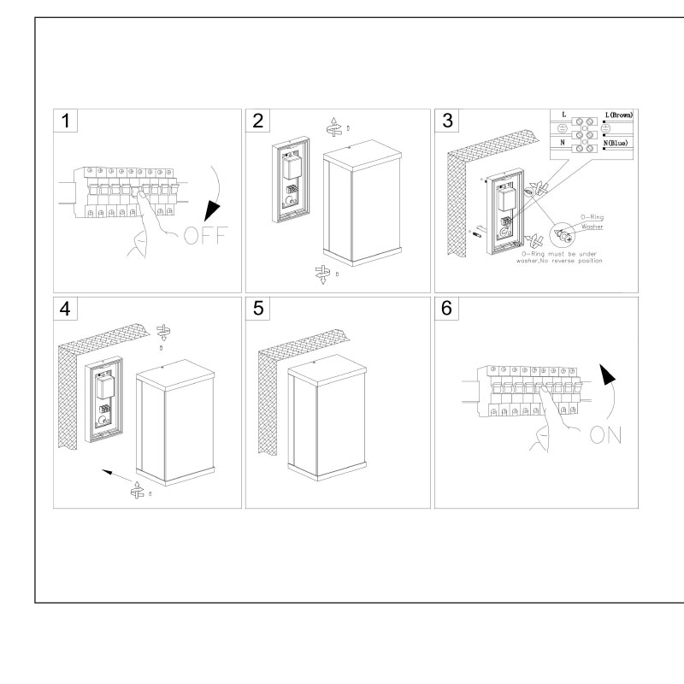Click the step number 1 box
(66, 121)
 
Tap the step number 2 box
(257, 121)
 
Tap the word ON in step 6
(604, 433)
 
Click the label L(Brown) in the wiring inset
(617, 115)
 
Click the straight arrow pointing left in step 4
(107, 469)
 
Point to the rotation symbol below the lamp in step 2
(322, 274)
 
